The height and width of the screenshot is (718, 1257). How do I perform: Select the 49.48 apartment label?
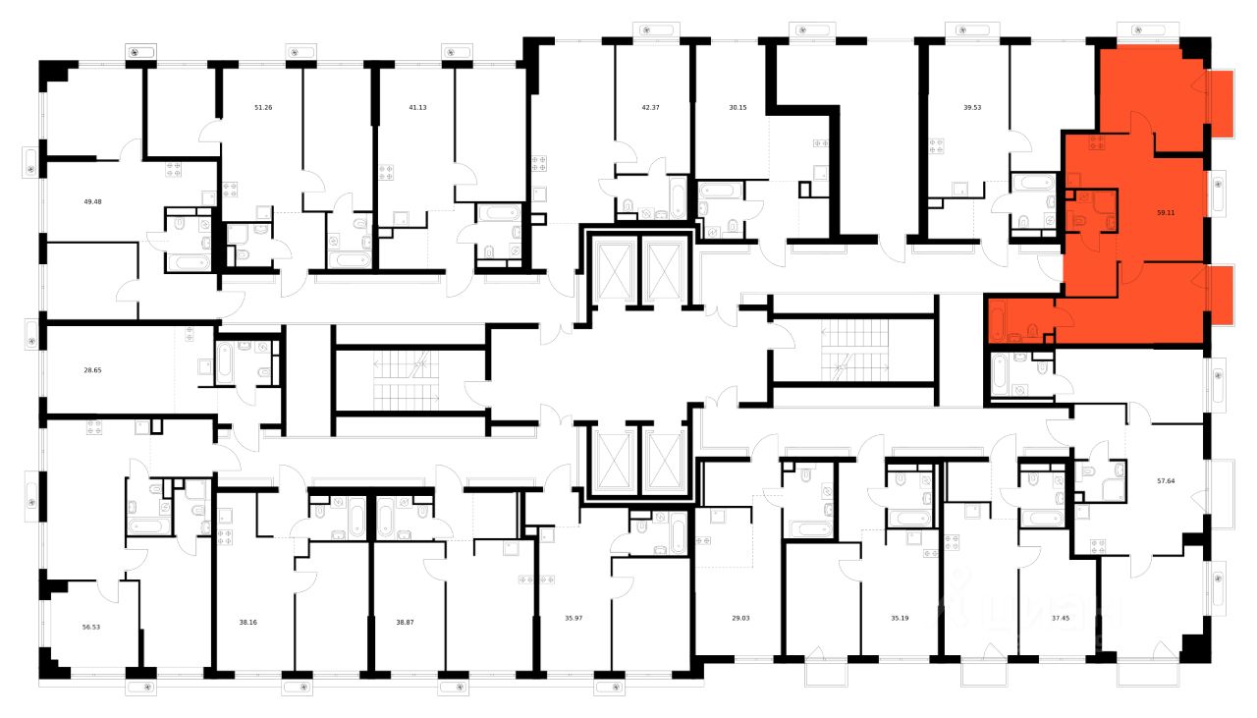(93, 201)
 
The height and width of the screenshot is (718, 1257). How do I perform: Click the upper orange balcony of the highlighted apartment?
(1220, 104)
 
